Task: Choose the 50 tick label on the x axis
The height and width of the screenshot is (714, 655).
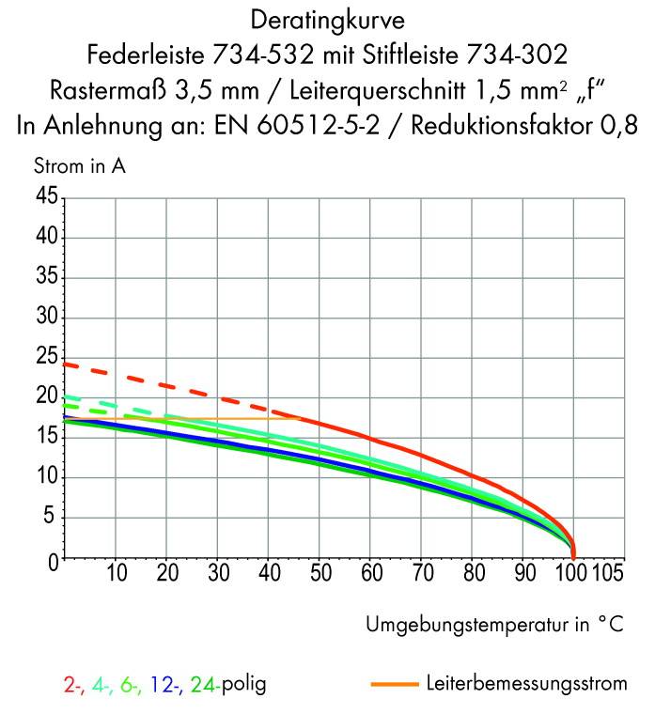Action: pos(319,572)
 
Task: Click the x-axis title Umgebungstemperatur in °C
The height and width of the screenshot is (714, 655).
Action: pos(494,625)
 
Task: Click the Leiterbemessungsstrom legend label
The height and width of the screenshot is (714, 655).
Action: pos(526,684)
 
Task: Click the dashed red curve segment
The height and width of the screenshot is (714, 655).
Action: pos(169,385)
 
